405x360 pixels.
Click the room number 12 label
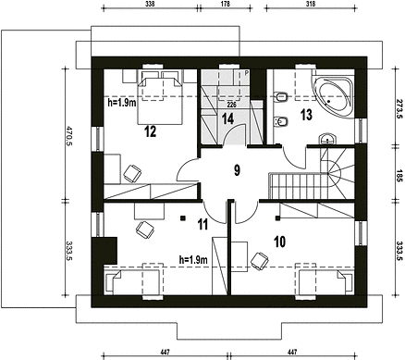(151, 131)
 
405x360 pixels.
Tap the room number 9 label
(237, 170)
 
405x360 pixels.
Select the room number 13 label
(306, 115)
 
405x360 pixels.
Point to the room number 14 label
(227, 118)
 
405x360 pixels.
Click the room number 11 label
(202, 224)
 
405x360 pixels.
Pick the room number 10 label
(279, 242)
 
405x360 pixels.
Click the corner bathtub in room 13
(332, 93)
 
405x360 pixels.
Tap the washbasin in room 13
(327, 139)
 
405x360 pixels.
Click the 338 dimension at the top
(150, 4)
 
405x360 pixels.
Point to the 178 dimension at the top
(226, 4)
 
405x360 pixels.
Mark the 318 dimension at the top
(311, 4)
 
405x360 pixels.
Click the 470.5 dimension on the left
(69, 136)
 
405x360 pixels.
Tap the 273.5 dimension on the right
(399, 109)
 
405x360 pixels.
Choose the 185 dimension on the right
(399, 175)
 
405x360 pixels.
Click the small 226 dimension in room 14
(231, 105)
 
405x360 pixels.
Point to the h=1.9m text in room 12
(122, 103)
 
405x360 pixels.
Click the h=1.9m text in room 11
(193, 260)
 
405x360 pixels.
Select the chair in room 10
(260, 261)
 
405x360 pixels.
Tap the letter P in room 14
(247, 73)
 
